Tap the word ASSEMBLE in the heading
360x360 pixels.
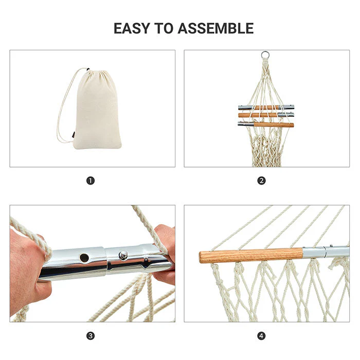point(215,28)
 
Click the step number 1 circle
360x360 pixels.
point(91,181)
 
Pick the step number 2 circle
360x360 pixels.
point(262,181)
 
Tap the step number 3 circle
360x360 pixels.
point(91,336)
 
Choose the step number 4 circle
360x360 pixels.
point(262,336)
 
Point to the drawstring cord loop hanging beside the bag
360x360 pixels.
point(63,113)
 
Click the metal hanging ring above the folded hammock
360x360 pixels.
point(265,55)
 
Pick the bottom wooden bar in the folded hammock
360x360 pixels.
point(273,124)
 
